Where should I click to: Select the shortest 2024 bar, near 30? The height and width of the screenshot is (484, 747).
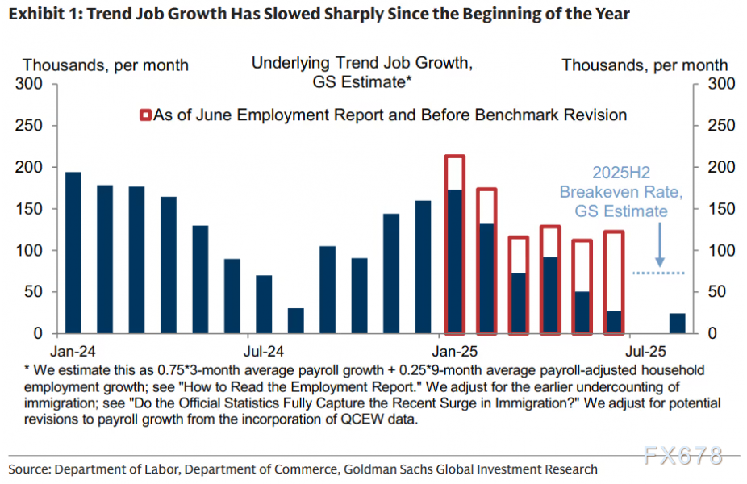pyautogui.click(x=296, y=320)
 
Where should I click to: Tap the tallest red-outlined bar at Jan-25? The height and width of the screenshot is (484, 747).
pyautogui.click(x=455, y=244)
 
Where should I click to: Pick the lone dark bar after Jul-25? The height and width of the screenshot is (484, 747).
pyautogui.click(x=678, y=323)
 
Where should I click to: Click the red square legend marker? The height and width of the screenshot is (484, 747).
pyautogui.click(x=144, y=115)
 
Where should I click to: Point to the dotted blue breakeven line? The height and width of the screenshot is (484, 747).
pyautogui.click(x=657, y=273)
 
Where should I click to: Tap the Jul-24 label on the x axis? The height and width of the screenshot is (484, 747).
pyautogui.click(x=264, y=352)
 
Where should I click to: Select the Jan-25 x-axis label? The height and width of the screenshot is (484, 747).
pyautogui.click(x=455, y=352)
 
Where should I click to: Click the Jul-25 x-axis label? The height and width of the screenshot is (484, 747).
pyautogui.click(x=645, y=352)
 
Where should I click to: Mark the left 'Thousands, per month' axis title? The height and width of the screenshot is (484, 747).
pyautogui.click(x=106, y=65)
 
